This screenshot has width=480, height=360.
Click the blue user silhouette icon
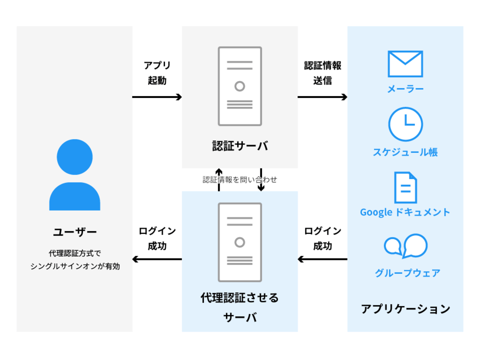(74, 175)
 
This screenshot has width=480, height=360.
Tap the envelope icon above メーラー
(405, 64)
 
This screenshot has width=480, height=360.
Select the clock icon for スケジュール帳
(405, 123)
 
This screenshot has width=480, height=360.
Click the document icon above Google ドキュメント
(405, 187)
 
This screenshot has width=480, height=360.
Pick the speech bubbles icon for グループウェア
(405, 246)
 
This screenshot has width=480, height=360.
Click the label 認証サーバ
(239, 146)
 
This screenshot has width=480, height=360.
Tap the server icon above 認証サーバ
(239, 86)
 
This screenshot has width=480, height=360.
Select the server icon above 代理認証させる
(239, 242)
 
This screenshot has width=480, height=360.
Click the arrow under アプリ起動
(157, 97)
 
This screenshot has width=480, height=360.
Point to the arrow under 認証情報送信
(322, 97)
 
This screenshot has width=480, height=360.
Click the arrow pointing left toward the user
(157, 259)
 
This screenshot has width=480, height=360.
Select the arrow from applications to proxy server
(322, 259)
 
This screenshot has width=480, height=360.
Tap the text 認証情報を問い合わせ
(239, 179)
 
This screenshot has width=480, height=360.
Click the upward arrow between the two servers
(218, 179)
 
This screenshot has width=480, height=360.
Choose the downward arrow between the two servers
(261, 179)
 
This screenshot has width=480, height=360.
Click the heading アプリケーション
(405, 309)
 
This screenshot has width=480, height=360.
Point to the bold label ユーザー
(74, 232)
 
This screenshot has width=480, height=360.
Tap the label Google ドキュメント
(405, 212)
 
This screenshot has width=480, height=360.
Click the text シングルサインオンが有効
(75, 266)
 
